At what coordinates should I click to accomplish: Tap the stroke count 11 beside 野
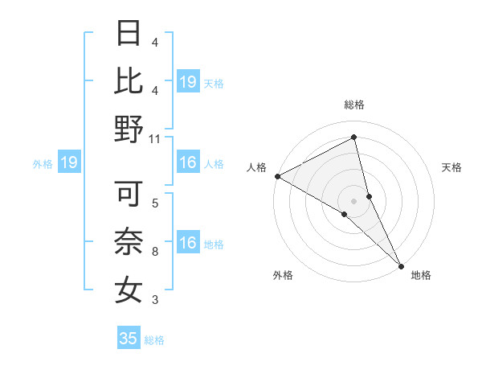tap(155, 138)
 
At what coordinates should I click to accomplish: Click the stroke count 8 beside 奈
tap(154, 253)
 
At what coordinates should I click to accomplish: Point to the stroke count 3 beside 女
tap(154, 301)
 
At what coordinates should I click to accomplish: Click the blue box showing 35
tap(129, 339)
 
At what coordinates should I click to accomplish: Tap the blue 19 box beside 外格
tap(69, 163)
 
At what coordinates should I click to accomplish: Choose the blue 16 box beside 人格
tap(188, 163)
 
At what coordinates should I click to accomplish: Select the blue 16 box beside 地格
tap(188, 243)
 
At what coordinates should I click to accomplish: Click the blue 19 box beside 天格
tap(188, 81)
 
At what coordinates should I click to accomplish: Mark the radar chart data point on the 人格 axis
tap(277, 175)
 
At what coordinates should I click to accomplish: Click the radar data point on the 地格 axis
tap(400, 265)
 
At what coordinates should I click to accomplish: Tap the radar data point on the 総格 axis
tap(353, 137)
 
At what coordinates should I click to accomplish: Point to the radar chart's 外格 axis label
tap(283, 276)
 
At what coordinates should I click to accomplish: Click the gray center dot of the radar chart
tap(353, 200)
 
